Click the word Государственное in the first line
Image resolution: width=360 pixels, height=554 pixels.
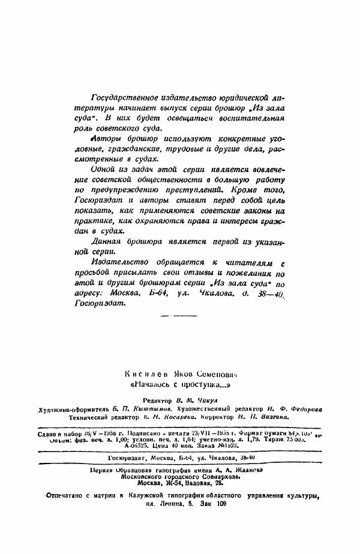pyautogui.click(x=121, y=97)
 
